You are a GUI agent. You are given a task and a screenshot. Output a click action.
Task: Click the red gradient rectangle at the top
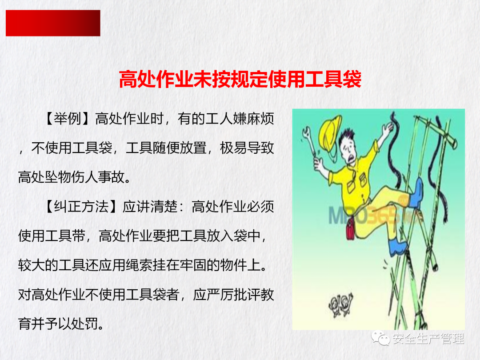[53, 23]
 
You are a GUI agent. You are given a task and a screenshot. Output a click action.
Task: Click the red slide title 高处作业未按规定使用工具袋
[240, 79]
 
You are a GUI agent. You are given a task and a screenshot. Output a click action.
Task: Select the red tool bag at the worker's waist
[351, 228]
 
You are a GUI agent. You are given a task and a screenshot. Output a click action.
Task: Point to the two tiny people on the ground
[340, 304]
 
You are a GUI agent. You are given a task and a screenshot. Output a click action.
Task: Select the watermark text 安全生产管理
[428, 339]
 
